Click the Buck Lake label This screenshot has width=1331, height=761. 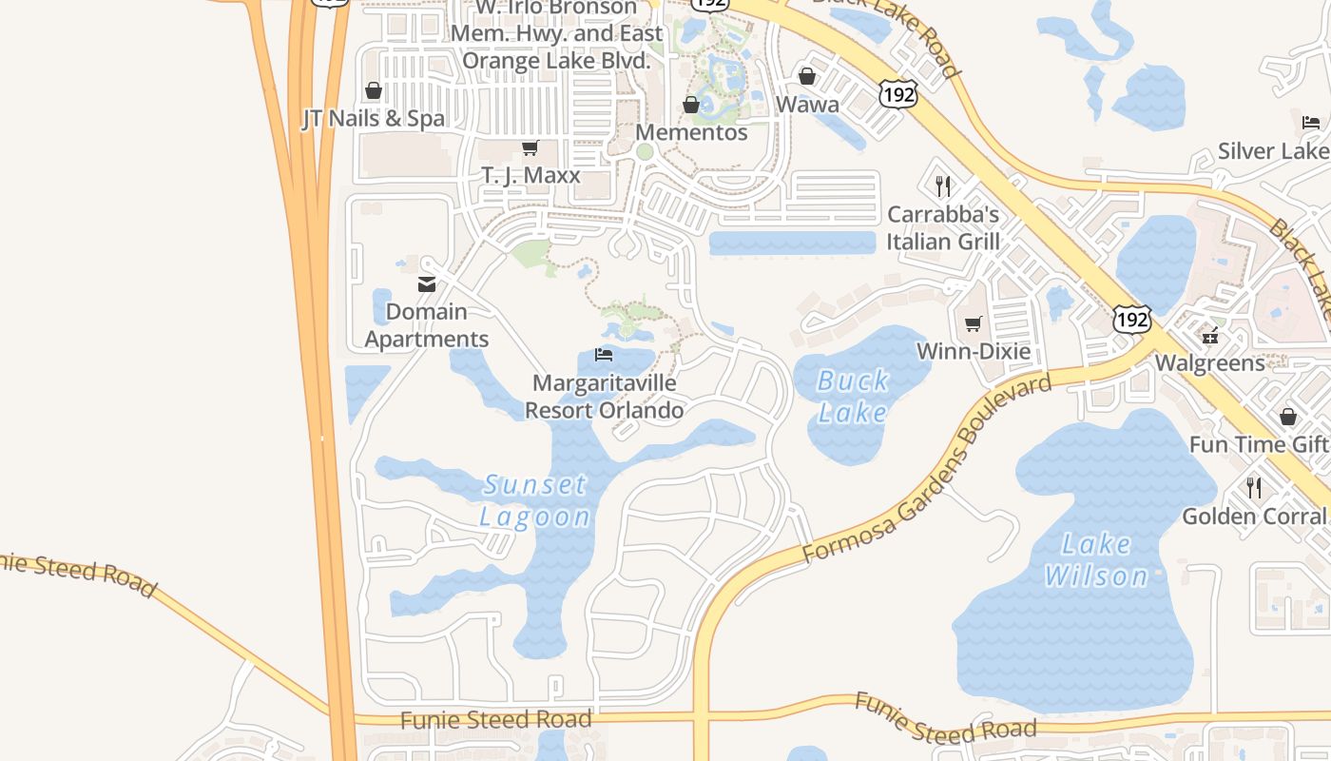(x=853, y=396)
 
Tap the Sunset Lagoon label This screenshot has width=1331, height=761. (x=534, y=500)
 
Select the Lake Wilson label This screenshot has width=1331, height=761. (x=1096, y=559)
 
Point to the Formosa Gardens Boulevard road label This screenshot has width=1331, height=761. (x=927, y=468)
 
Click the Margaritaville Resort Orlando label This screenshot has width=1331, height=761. (x=605, y=397)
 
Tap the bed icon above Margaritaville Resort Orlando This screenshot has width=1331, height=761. (x=603, y=355)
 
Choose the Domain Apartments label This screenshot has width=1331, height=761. (x=427, y=325)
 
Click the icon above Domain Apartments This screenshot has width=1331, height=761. (x=427, y=283)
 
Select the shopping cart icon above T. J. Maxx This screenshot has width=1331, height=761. (x=530, y=147)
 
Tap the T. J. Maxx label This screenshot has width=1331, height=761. (x=530, y=176)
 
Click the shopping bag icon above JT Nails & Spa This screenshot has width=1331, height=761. (x=374, y=91)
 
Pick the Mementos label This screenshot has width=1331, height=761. (x=691, y=132)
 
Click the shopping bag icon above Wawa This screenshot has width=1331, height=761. (x=807, y=76)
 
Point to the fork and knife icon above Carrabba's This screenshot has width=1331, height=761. (x=942, y=185)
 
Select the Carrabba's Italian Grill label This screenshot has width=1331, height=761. (x=943, y=227)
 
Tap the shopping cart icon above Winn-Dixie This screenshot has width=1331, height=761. (x=973, y=324)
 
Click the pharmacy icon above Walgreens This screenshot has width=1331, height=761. (x=1210, y=335)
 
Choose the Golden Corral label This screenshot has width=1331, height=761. (x=1253, y=517)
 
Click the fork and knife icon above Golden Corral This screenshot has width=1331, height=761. (x=1254, y=488)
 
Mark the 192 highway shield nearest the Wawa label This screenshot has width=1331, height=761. (x=897, y=94)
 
